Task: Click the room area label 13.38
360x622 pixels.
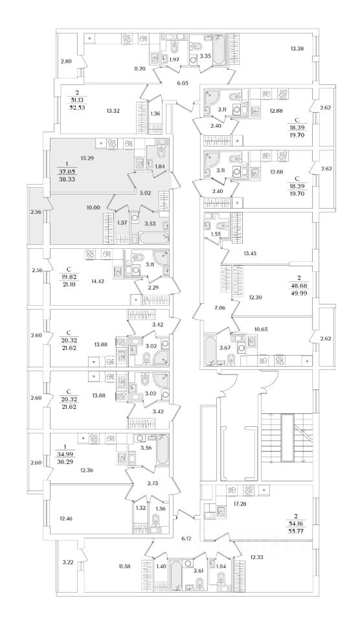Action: (x=297, y=49)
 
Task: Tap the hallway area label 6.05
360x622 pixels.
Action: (x=183, y=83)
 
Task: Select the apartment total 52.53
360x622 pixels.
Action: (x=74, y=107)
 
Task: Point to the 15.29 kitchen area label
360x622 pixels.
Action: (x=86, y=158)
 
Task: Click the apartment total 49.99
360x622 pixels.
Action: (x=296, y=292)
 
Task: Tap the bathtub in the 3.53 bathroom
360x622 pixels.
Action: (x=153, y=238)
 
